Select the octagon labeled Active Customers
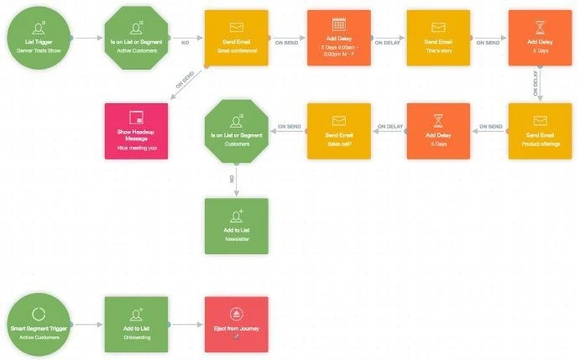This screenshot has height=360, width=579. [x=136, y=38]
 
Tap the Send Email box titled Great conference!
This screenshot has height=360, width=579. [x=237, y=38]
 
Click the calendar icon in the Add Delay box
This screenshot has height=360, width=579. [x=338, y=26]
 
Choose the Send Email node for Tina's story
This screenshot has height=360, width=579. [x=438, y=38]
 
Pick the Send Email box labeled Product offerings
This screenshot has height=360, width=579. [x=540, y=130]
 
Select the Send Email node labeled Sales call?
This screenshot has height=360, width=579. [x=338, y=130]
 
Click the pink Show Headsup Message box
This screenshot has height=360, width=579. [x=136, y=130]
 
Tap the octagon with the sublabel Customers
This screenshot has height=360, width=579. [x=237, y=130]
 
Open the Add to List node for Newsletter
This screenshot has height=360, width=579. [x=237, y=225]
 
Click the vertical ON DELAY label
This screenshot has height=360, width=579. [x=535, y=84]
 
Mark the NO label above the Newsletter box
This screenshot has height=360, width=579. [x=232, y=178]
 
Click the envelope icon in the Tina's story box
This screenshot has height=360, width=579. [x=438, y=27]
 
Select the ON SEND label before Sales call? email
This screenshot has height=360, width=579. [x=288, y=127]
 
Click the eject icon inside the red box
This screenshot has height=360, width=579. [x=237, y=315]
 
